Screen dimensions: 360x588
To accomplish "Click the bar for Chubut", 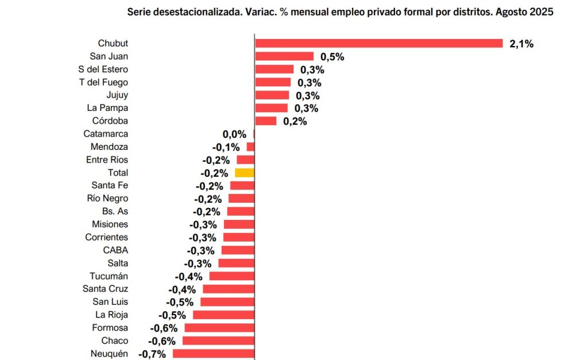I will (379, 43).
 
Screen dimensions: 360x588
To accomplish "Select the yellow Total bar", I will (245, 173).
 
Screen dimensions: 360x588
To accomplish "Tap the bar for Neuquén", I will (213, 354).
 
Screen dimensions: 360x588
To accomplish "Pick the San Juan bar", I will (284, 56).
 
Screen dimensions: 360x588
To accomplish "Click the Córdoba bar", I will (265, 121).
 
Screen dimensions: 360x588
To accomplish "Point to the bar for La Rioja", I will (223, 315).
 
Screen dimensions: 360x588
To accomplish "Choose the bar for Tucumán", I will (231, 276).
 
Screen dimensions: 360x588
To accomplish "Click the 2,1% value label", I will (521, 44).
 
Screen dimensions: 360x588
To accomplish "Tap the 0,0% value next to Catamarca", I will (234, 134).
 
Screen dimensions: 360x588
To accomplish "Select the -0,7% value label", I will (152, 354).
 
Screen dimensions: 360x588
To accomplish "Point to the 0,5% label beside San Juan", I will (332, 57).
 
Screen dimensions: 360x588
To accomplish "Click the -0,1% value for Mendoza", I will (226, 148).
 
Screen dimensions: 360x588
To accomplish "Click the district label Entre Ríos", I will (107, 160).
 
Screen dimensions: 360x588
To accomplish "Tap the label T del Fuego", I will (103, 82).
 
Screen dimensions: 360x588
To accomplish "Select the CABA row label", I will (115, 250).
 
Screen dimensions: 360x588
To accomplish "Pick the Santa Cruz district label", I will (105, 289).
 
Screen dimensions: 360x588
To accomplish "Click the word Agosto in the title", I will (512, 11).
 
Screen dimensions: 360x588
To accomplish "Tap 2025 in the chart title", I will (542, 11).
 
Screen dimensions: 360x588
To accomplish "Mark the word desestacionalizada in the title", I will (195, 11).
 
